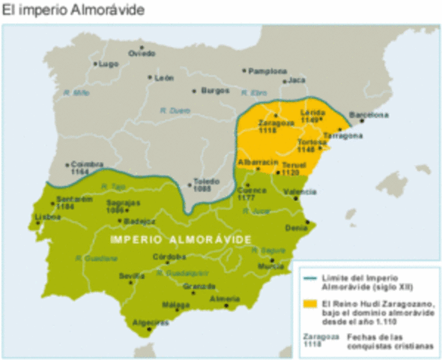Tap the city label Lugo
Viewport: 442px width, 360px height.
tap(109, 64)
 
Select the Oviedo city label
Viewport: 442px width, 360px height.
tap(142, 53)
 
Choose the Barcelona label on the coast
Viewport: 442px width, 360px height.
tap(373, 115)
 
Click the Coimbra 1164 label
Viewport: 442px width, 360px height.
tap(85, 169)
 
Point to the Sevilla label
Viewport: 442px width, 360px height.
tap(132, 276)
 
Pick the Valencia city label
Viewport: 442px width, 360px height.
tap(300, 192)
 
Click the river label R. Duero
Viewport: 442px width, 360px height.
tap(175, 110)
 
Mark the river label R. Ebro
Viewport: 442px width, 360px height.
tap(254, 92)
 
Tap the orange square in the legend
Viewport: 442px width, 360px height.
tap(308, 305)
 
